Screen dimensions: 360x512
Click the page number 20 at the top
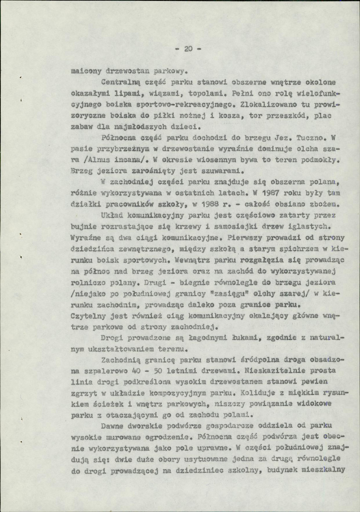click(188, 49)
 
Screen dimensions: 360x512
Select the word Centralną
click(119, 82)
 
